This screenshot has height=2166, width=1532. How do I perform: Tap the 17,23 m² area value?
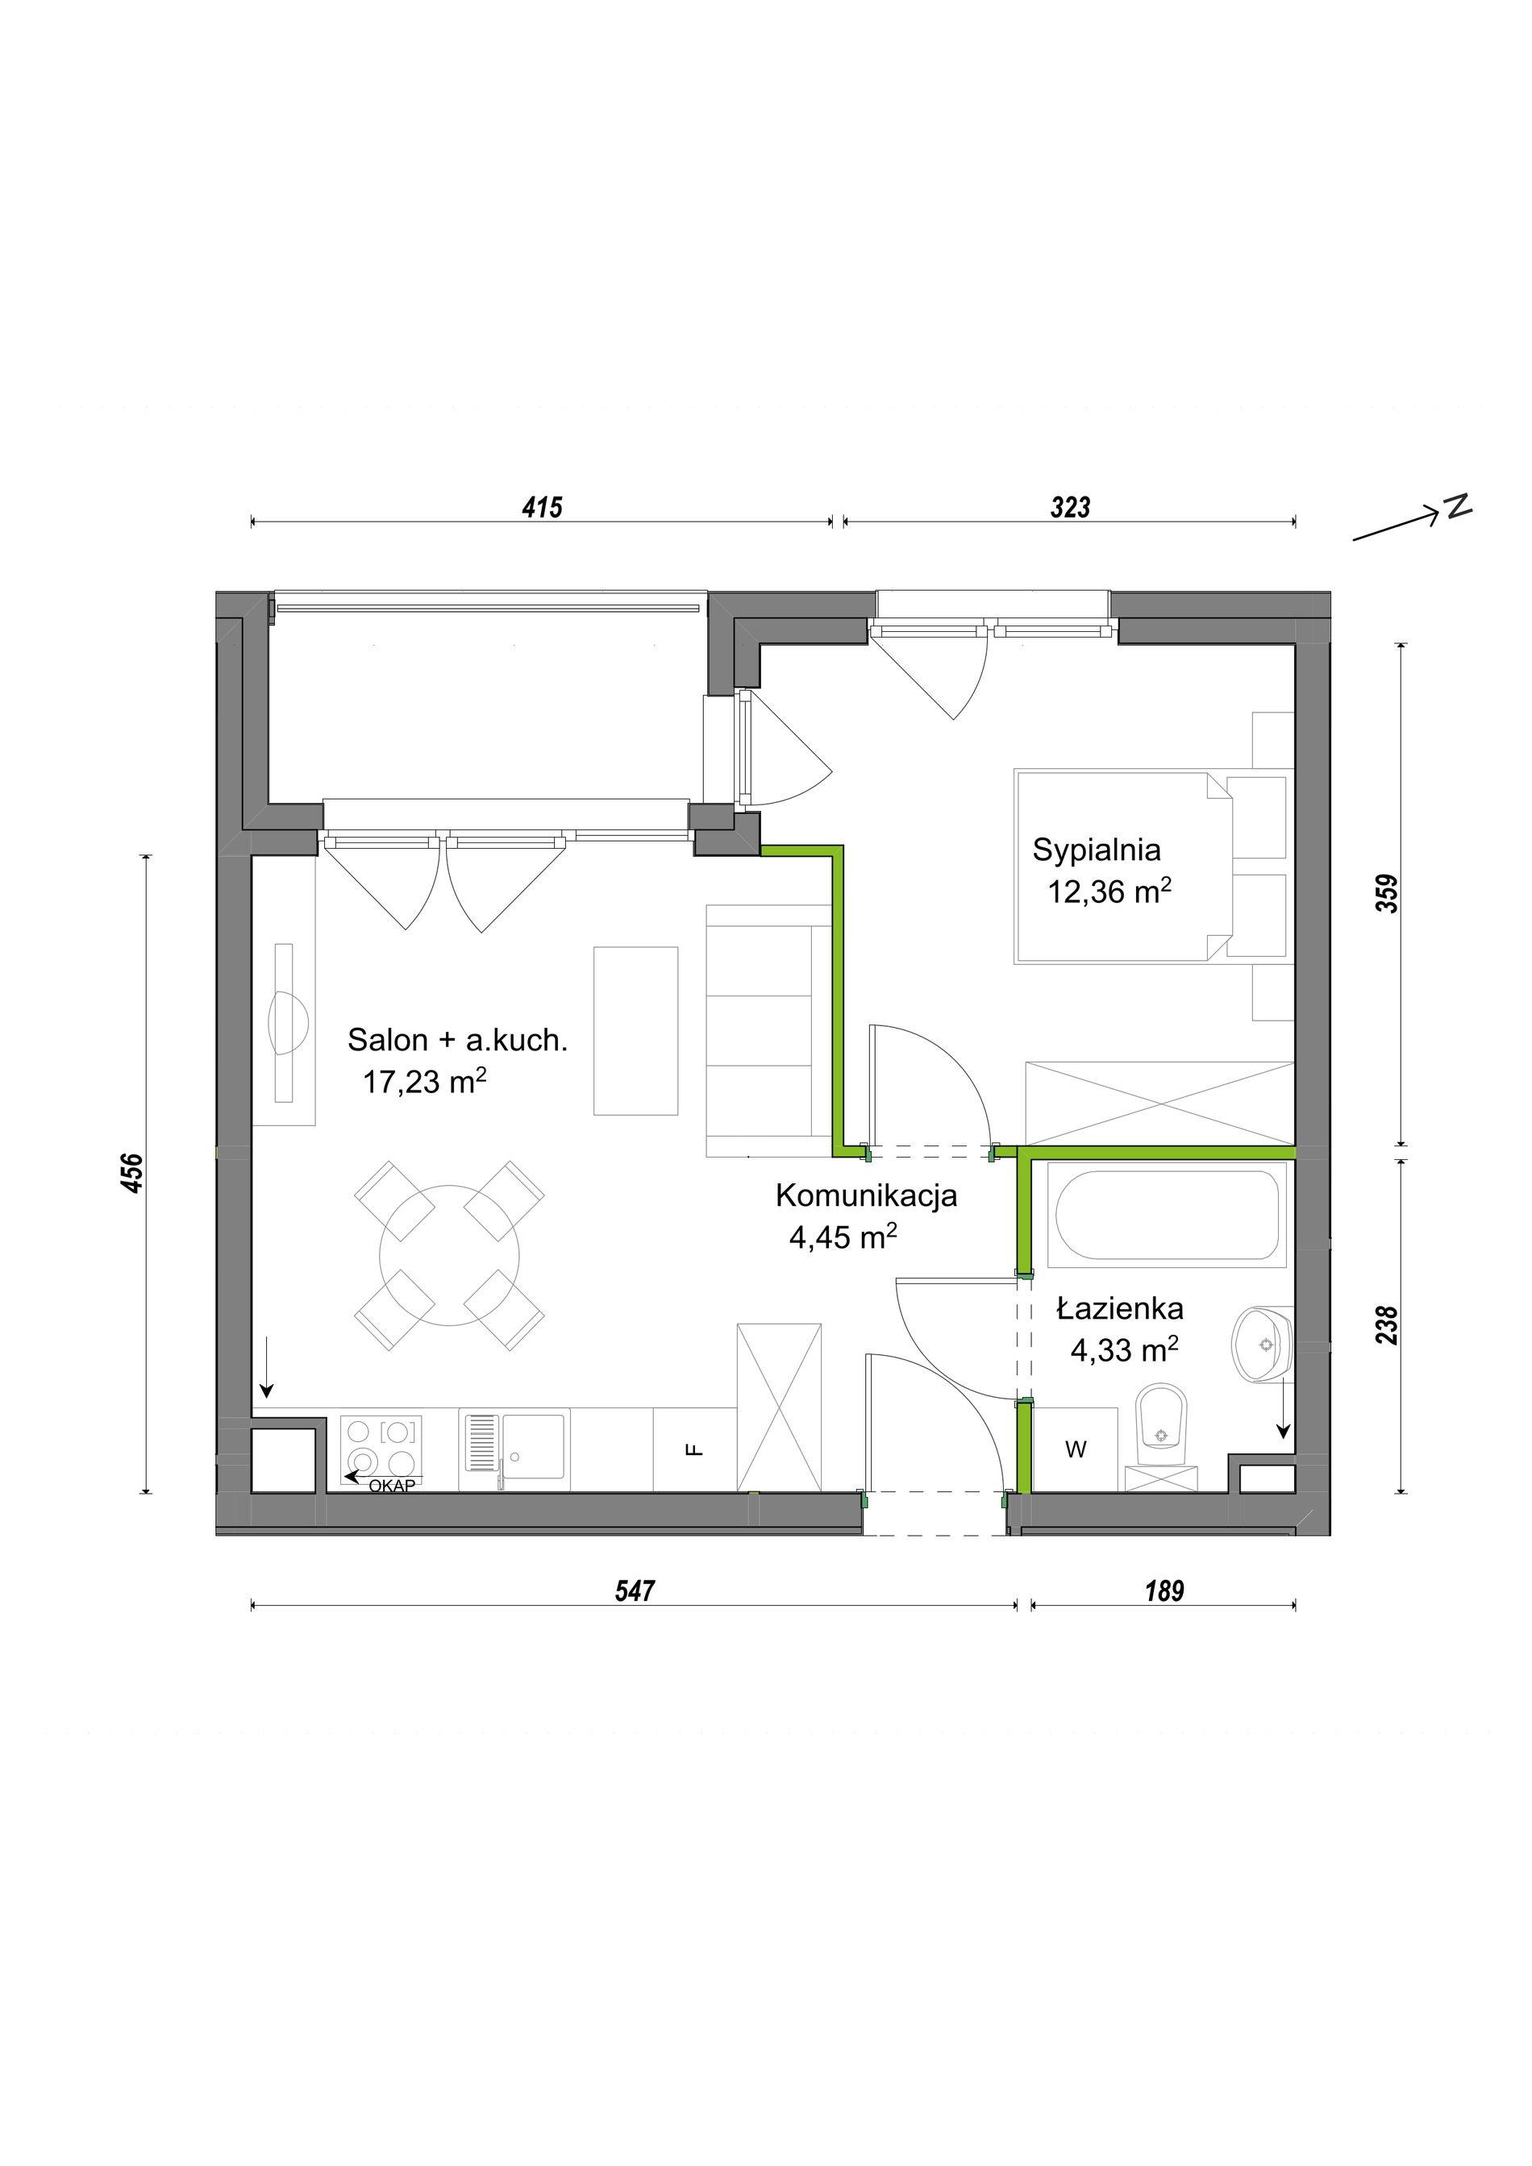point(424,1081)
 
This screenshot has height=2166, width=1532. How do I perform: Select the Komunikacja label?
point(866,1195)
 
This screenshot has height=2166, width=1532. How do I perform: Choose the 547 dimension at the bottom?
point(635,1591)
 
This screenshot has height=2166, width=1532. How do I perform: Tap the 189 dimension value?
point(1164,1591)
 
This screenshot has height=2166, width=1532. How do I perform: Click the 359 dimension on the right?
point(1387,893)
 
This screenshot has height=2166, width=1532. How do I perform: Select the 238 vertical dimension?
point(1387,1324)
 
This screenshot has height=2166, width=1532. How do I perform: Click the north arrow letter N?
point(1459,505)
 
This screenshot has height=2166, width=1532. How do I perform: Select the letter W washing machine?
point(1076,1450)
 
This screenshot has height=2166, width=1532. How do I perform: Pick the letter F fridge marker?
point(694,1450)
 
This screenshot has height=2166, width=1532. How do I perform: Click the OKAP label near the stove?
point(392,1486)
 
